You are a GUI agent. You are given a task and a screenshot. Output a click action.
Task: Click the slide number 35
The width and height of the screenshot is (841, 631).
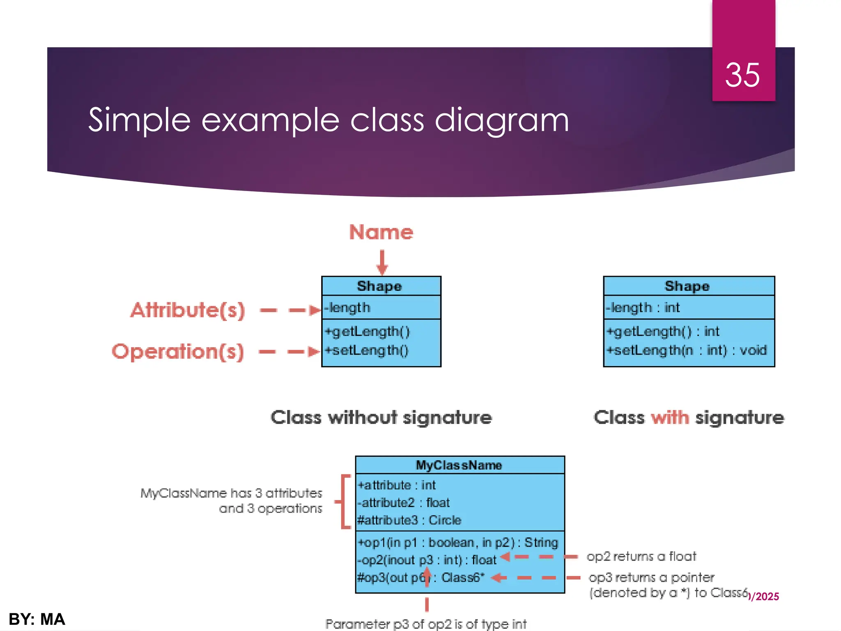pyautogui.click(x=742, y=75)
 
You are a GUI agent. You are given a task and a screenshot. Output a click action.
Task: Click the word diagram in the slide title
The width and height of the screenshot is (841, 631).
pyautogui.click(x=501, y=120)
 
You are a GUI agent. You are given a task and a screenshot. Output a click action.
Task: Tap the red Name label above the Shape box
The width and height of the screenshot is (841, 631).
pyautogui.click(x=381, y=232)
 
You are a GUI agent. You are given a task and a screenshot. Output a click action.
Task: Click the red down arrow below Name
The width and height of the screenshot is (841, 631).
pyautogui.click(x=382, y=262)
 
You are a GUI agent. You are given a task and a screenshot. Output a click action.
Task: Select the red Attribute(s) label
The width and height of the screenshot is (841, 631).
pyautogui.click(x=188, y=310)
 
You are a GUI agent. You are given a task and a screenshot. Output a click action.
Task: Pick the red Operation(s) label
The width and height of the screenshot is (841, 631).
pyautogui.click(x=178, y=352)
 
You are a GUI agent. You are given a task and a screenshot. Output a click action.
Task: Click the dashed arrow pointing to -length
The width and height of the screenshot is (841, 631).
pyautogui.click(x=290, y=310)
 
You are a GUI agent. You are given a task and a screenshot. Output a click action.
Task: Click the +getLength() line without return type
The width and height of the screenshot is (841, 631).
pyautogui.click(x=367, y=331)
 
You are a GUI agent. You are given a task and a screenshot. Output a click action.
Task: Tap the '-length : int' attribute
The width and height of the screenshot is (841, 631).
pyautogui.click(x=643, y=307)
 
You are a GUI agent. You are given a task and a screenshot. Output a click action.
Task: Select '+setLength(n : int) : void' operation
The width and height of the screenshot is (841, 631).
pyautogui.click(x=687, y=350)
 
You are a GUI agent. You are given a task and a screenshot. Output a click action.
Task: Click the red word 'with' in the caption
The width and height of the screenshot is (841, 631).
pyautogui.click(x=670, y=417)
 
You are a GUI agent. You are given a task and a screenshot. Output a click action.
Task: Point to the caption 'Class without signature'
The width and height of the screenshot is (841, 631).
pyautogui.click(x=381, y=417)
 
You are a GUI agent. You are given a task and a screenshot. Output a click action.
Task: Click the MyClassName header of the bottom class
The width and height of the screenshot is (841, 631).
pyautogui.click(x=459, y=465)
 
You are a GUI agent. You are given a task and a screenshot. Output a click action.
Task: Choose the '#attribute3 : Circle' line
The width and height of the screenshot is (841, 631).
pyautogui.click(x=409, y=520)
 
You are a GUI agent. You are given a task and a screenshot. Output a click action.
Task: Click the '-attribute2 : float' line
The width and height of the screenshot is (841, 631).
pyautogui.click(x=403, y=502)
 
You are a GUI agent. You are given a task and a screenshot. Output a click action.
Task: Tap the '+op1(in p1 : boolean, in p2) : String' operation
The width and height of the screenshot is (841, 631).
pyautogui.click(x=458, y=542)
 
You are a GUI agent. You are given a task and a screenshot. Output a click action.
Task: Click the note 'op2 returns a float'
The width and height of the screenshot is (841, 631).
pyautogui.click(x=641, y=556)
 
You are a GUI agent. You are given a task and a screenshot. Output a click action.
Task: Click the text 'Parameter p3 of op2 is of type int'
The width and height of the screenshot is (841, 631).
pyautogui.click(x=426, y=624)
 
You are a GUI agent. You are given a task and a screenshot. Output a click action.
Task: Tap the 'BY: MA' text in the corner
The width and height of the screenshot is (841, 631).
pyautogui.click(x=37, y=619)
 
